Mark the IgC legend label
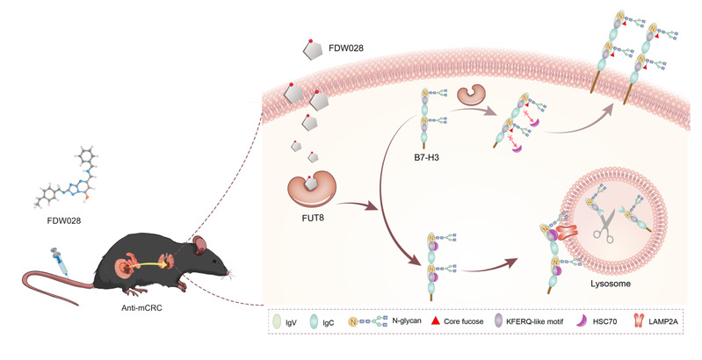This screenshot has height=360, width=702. [x=342, y=325]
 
